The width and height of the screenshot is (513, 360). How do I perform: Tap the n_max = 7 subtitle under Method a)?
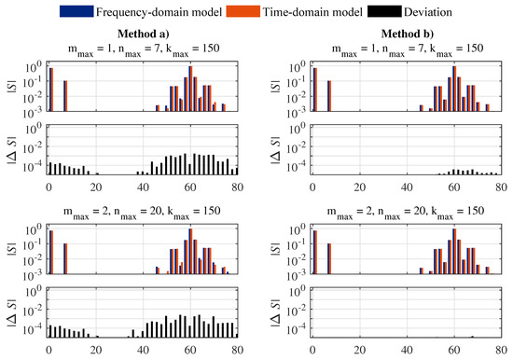coord(143,48)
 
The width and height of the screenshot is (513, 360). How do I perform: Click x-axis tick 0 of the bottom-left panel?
coord(49,349)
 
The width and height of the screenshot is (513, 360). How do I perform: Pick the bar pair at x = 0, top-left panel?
coord(50,90)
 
